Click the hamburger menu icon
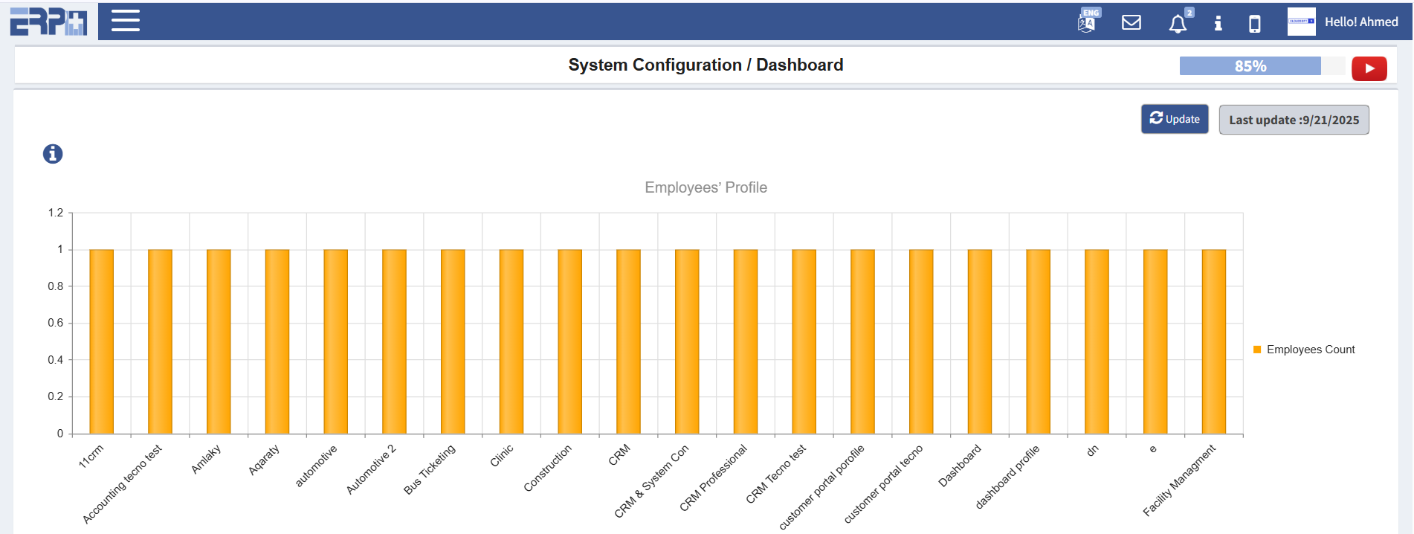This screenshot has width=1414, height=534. [x=126, y=21]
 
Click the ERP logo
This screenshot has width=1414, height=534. [x=48, y=21]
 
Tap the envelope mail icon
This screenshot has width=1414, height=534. [x=1131, y=23]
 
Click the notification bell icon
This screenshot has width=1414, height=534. [x=1178, y=24]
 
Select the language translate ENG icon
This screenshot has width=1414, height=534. [x=1088, y=22]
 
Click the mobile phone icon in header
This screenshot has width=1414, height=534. [x=1255, y=24]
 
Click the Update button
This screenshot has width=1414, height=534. [x=1175, y=119]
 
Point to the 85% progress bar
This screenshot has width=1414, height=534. [x=1250, y=66]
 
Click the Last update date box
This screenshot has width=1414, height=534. [x=1294, y=120]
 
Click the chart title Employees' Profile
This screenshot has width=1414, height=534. [x=706, y=187]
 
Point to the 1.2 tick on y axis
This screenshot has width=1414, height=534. [x=56, y=213]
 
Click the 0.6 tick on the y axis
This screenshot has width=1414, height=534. [x=56, y=323]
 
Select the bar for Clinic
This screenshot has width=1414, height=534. [x=511, y=341]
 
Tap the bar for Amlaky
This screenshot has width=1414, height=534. [x=219, y=341]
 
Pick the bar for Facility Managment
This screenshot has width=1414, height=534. [x=1214, y=341]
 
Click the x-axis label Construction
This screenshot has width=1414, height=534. [x=548, y=469]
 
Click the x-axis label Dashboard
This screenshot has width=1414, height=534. [x=960, y=466]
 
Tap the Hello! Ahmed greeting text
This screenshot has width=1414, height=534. [x=1361, y=22]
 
